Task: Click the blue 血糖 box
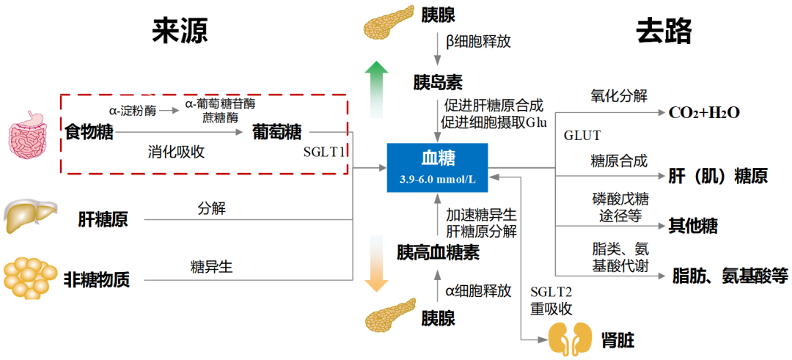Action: pos(437,167)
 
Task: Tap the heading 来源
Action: pos(180,31)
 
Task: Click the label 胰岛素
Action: pos(438,81)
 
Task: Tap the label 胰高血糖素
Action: pos(438,253)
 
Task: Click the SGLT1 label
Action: pos(324,153)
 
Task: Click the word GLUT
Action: pos(582,136)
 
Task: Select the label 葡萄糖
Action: pos(276,133)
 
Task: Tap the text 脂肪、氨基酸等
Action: pos(730,276)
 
